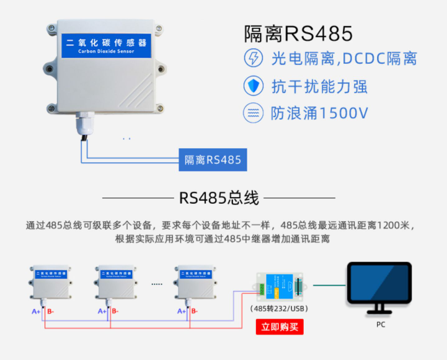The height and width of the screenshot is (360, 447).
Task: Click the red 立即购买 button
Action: (280, 327)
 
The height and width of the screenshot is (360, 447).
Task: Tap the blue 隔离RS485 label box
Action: (213, 160)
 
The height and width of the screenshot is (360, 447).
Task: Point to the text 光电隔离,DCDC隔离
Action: (344, 59)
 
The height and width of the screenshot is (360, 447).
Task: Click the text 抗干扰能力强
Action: (319, 86)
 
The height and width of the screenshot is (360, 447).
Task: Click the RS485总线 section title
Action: (218, 198)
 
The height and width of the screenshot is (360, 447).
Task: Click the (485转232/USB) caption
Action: (279, 308)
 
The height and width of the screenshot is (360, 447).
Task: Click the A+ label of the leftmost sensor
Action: (36, 311)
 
